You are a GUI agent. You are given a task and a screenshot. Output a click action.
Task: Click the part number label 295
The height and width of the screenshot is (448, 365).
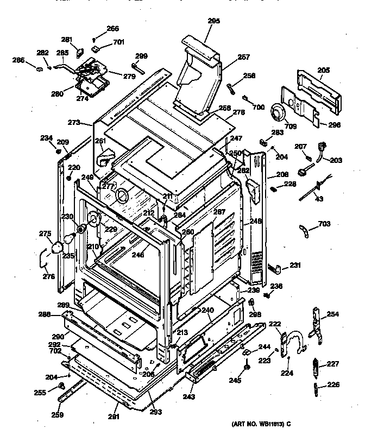(213, 21)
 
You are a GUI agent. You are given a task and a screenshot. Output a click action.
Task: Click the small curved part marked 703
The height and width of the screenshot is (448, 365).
(305, 230)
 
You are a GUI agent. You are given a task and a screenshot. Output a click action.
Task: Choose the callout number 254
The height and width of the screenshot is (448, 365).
(333, 314)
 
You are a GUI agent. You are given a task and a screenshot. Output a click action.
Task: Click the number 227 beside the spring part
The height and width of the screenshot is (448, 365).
(333, 365)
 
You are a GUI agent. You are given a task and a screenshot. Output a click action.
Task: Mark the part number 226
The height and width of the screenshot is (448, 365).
(333, 386)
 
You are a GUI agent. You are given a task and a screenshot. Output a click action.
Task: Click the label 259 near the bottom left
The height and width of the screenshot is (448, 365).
(57, 415)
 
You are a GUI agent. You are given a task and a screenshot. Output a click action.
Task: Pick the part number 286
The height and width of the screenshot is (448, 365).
(18, 60)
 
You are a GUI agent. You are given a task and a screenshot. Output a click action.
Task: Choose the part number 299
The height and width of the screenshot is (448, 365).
(141, 56)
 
